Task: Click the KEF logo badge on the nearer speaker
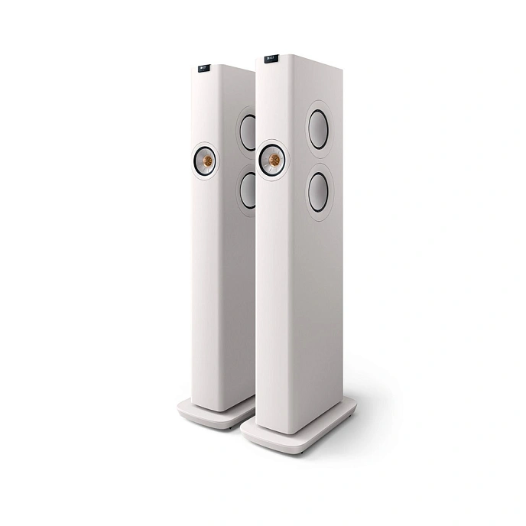pyautogui.click(x=271, y=59)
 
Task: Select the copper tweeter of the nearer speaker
pyautogui.click(x=273, y=160)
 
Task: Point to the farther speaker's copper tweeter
pyautogui.click(x=205, y=161)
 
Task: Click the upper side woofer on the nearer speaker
pyautogui.click(x=318, y=128)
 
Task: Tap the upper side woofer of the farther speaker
pyautogui.click(x=248, y=131)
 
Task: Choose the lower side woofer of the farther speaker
pyautogui.click(x=248, y=190)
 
